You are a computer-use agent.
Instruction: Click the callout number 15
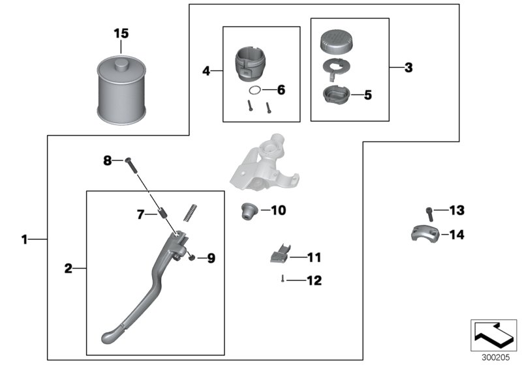pos(121,33)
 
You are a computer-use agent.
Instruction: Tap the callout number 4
pos(206,70)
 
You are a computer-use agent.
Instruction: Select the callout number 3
pos(408,67)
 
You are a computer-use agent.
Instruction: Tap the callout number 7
pos(140,213)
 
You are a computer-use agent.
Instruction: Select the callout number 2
pos(68,268)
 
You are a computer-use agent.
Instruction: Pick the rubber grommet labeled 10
pos(248,211)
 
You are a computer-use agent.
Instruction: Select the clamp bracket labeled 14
pos(422,233)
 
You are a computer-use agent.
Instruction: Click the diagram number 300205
pos(495,357)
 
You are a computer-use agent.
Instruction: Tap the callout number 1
pos(24,240)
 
